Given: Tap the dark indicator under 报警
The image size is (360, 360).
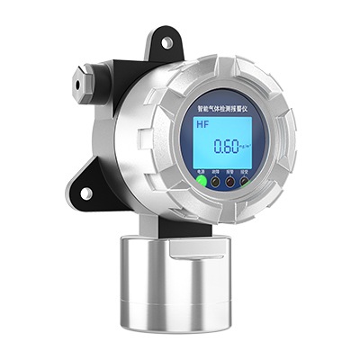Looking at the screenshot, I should (x=231, y=180).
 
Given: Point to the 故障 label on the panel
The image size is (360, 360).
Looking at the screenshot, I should (x=216, y=169).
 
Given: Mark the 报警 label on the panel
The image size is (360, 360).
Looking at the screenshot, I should (x=231, y=170).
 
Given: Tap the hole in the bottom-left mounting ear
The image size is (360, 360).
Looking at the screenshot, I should (x=87, y=193).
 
